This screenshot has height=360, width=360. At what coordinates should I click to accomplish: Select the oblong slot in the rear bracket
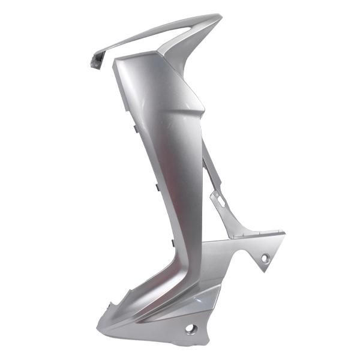219,201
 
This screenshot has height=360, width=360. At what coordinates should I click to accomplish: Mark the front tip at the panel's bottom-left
98,327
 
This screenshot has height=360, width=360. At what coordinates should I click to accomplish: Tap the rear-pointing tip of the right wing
284,234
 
